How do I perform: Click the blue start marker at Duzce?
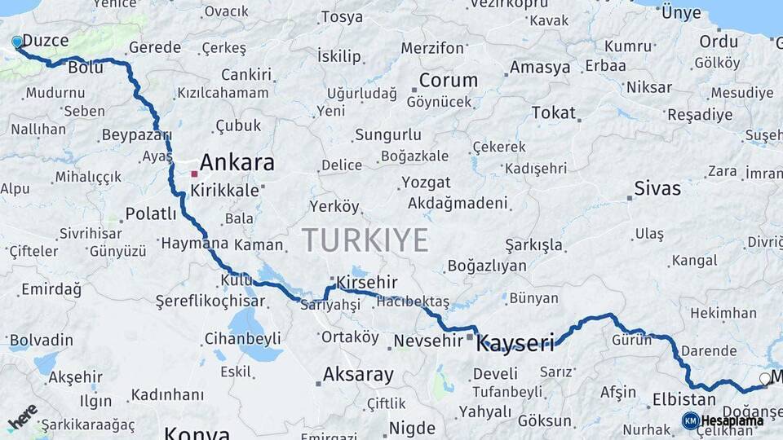(x=17, y=42)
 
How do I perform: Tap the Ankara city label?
(x=237, y=162)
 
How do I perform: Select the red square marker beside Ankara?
(x=194, y=174)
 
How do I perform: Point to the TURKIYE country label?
(x=365, y=240)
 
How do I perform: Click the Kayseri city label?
(x=515, y=342)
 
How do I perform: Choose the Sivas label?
(x=657, y=189)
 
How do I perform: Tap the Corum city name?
(x=448, y=80)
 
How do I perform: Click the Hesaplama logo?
(x=723, y=420)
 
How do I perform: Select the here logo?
(x=23, y=416)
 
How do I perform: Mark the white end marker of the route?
(x=764, y=379)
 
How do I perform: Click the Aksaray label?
(x=358, y=375)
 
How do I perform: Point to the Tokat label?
(x=554, y=113)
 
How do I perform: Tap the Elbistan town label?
(x=683, y=400)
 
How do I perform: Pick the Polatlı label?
(x=150, y=214)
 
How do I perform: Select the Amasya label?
(x=540, y=68)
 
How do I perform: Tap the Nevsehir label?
(x=427, y=341)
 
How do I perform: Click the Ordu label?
(x=718, y=42)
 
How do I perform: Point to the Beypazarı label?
(x=136, y=135)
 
